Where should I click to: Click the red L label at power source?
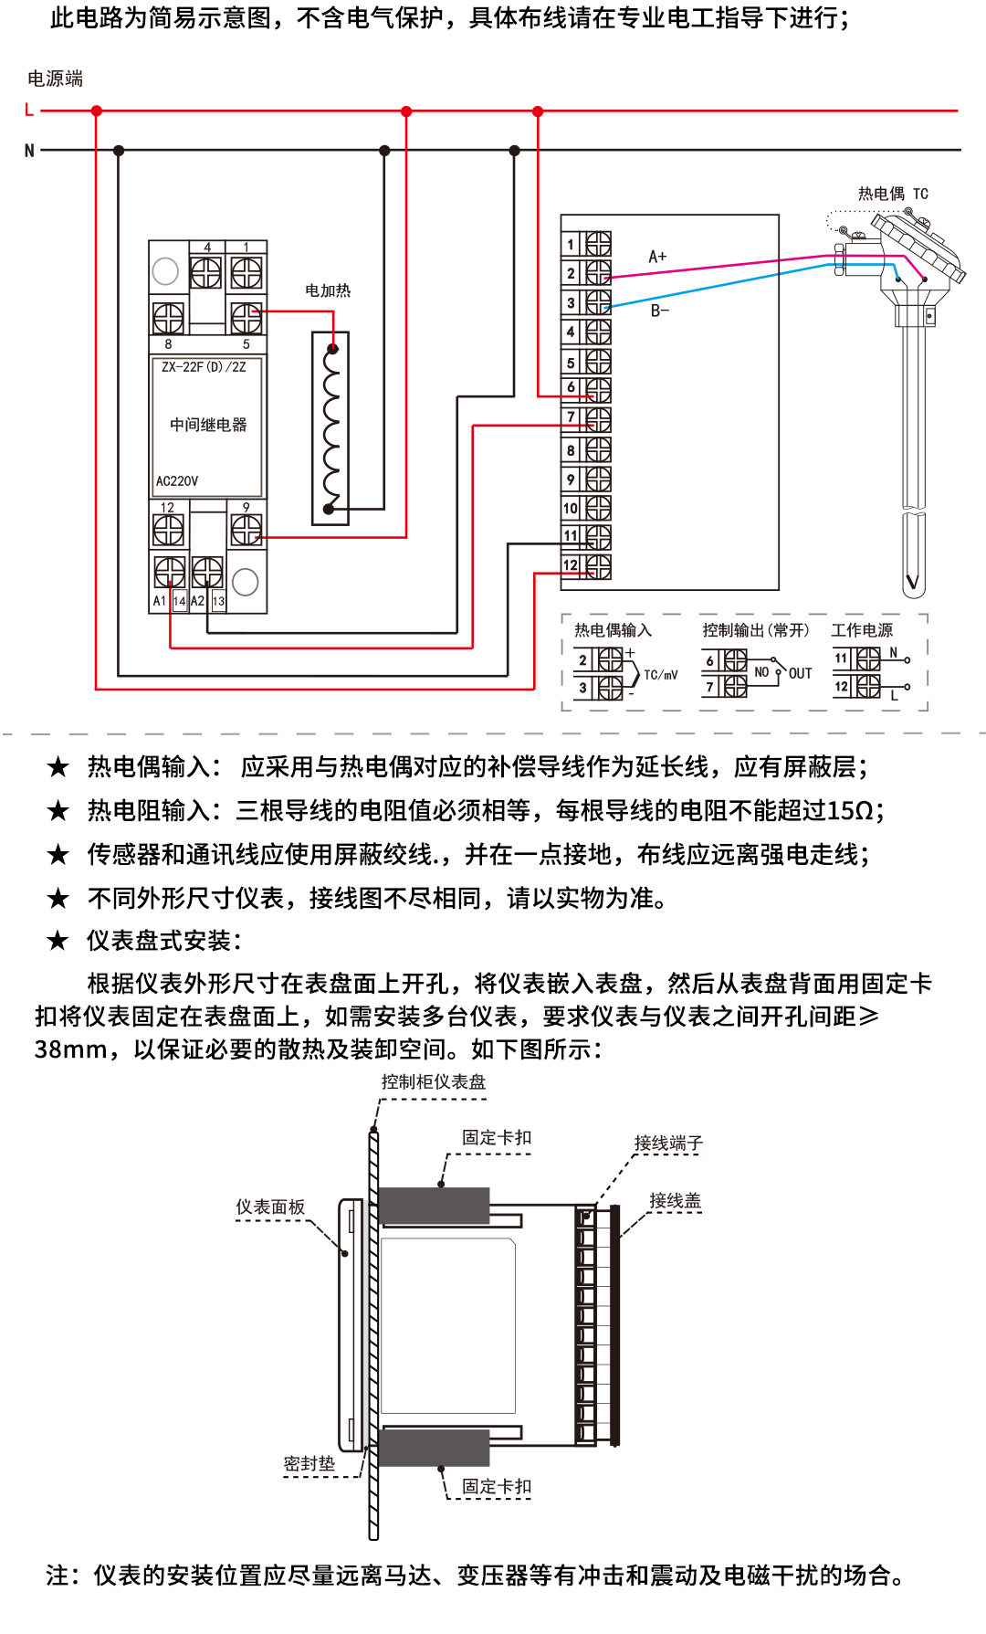29,111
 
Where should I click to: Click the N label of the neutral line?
29,151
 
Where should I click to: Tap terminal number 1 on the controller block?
571,244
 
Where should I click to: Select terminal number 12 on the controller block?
571,565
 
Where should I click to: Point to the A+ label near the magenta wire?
657,257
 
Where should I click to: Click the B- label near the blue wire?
659,311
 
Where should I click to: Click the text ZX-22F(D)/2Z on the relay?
204,367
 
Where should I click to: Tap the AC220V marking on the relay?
177,481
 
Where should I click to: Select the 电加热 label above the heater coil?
328,290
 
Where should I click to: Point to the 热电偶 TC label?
892,194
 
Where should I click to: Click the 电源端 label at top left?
55,79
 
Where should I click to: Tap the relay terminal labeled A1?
160,601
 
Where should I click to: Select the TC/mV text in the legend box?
661,675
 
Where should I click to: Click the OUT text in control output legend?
800,673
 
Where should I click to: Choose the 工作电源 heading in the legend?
862,630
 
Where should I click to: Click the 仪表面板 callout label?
270,1207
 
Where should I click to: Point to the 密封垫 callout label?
309,1463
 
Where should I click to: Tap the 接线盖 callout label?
675,1201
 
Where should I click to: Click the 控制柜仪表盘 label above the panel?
434,1081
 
